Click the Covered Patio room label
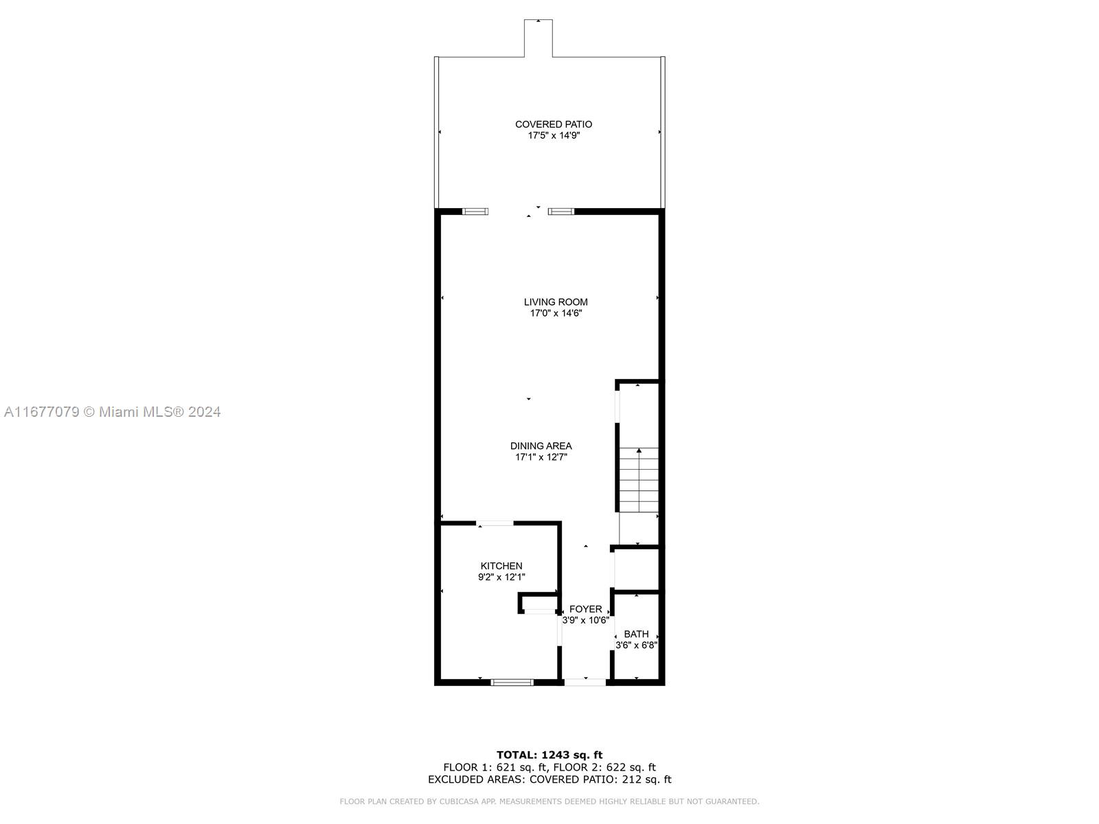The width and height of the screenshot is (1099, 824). coord(553,124)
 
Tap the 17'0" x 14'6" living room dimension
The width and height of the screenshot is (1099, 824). coord(556,314)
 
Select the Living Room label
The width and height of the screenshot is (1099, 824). coord(556,301)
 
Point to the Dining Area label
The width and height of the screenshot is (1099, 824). coord(541,446)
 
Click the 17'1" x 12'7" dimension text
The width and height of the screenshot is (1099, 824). coord(541,457)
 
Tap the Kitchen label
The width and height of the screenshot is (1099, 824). coord(501,566)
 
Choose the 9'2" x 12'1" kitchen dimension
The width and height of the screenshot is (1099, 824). coord(501,577)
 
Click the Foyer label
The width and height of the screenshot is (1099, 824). coord(585,609)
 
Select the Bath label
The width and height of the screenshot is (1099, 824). coord(636,634)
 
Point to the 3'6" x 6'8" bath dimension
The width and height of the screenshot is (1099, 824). coord(636,645)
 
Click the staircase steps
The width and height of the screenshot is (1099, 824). coord(638,480)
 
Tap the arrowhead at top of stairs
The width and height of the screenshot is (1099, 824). coord(639,450)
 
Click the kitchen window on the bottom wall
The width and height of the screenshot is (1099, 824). coord(512,683)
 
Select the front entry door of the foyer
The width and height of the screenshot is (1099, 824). coord(585,682)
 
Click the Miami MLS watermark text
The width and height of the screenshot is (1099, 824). coord(112,412)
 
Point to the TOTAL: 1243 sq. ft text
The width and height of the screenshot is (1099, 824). coord(549,755)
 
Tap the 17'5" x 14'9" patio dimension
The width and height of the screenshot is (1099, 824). coord(553,135)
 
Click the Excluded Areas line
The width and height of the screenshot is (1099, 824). coord(549,779)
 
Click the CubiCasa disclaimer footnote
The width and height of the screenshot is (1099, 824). coord(549,801)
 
